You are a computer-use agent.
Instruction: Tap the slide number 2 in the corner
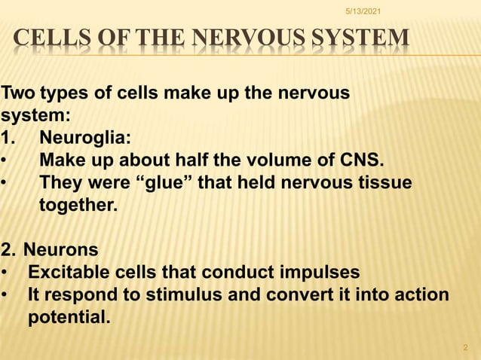pyautogui.click(x=464, y=347)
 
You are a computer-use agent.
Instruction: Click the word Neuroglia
pyautogui.click(x=84, y=139)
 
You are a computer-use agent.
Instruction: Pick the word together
pyautogui.click(x=78, y=205)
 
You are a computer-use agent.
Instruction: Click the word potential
pyautogui.click(x=68, y=314)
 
